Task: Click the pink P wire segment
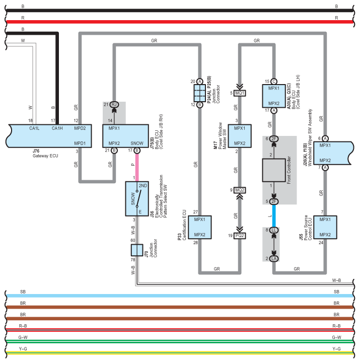137,167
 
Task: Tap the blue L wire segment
274,216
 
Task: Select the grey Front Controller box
274,170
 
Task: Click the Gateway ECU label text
45,156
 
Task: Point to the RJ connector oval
114,105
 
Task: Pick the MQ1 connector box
240,93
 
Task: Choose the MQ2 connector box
240,190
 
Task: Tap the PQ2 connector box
240,236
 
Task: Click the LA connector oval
274,259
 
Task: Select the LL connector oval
274,230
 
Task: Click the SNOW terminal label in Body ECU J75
137,143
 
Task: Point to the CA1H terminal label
57,128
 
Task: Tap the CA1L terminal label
34,128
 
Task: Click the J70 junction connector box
137,250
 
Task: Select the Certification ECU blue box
200,227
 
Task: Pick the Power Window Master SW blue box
240,136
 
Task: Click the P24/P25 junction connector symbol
200,93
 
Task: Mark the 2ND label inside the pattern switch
143,186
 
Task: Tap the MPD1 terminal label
80,143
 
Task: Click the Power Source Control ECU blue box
325,227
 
